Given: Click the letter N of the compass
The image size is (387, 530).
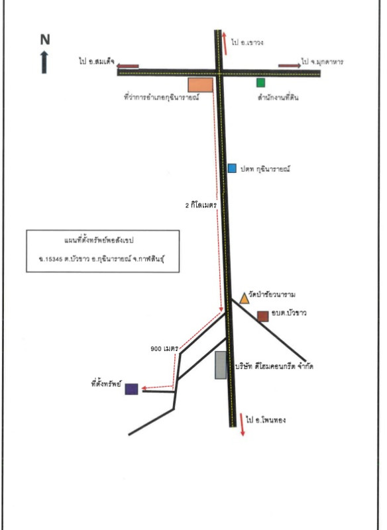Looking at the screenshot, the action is (45, 40).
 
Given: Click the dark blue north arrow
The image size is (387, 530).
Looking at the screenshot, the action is (44, 62).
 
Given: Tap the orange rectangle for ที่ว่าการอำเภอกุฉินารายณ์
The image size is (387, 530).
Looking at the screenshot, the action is (200, 85).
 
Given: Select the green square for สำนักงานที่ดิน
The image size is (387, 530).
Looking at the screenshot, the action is (260, 82).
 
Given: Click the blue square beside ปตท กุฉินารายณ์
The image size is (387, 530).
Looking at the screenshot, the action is (232, 168).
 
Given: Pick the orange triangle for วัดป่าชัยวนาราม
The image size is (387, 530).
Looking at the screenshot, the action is (245, 299).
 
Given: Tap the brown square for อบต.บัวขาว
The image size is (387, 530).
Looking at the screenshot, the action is (263, 317).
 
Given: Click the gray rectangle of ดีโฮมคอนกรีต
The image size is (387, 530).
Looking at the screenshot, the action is (221, 365).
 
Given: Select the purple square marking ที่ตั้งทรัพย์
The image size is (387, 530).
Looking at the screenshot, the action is (131, 389).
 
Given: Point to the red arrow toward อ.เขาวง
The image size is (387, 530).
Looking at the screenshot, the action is (225, 43).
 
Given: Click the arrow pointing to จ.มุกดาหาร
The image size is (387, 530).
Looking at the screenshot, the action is (290, 66).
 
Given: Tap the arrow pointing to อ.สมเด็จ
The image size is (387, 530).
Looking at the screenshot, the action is (127, 66).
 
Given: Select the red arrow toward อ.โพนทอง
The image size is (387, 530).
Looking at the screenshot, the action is (242, 425).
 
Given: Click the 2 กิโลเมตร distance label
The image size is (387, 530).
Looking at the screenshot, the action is (201, 205).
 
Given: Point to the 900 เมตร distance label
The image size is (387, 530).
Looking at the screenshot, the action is (164, 348).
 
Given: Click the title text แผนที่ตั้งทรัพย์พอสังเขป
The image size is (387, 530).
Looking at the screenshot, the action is (99, 240).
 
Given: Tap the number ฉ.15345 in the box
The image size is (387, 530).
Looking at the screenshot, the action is (51, 259).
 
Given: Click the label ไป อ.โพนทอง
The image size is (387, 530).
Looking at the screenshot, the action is (266, 420).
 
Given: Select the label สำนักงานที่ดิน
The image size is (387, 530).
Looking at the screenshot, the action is (278, 97).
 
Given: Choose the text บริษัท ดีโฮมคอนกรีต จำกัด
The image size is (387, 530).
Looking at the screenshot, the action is (274, 366).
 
